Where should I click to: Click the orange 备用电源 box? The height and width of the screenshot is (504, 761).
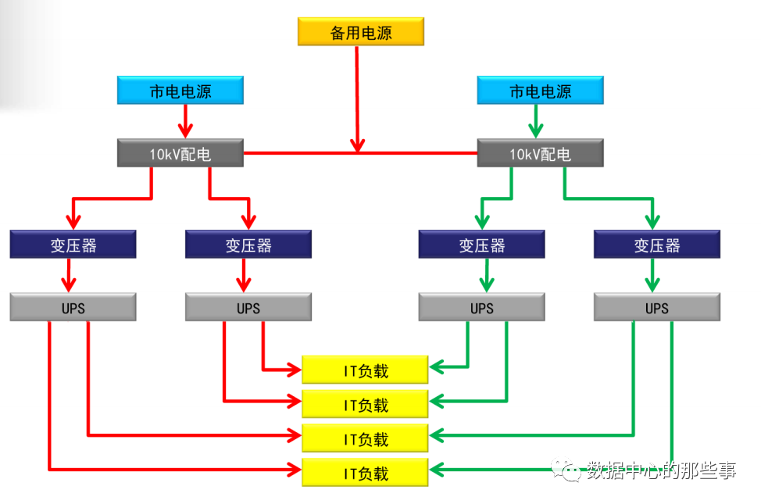pyautogui.click(x=360, y=33)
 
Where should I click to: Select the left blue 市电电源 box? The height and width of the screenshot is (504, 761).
pyautogui.click(x=180, y=91)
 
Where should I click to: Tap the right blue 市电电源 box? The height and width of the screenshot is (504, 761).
pyautogui.click(x=541, y=91)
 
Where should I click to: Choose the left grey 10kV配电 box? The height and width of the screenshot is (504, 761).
pyautogui.click(x=180, y=154)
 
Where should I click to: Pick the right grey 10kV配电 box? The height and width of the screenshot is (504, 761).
pyautogui.click(x=541, y=154)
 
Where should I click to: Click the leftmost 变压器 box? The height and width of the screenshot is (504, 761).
pyautogui.click(x=73, y=245)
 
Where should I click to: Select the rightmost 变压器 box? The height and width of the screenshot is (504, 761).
pyautogui.click(x=656, y=245)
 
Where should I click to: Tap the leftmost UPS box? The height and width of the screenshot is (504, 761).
pyautogui.click(x=73, y=308)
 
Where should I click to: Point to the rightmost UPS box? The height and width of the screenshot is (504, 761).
pyautogui.click(x=656, y=308)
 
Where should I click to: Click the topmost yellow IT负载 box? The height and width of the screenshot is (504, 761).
pyautogui.click(x=366, y=370)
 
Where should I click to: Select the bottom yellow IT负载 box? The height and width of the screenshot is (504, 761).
pyautogui.click(x=366, y=473)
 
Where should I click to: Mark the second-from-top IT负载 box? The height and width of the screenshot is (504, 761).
pyautogui.click(x=366, y=405)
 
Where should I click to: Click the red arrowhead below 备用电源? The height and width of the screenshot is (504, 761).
pyautogui.click(x=357, y=145)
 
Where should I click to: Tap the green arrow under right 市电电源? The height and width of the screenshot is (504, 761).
pyautogui.click(x=536, y=125)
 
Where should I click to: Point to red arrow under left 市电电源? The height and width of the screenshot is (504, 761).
pyautogui.click(x=185, y=125)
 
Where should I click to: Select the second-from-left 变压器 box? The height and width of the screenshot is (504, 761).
pyautogui.click(x=248, y=245)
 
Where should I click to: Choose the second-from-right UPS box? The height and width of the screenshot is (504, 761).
pyautogui.click(x=481, y=308)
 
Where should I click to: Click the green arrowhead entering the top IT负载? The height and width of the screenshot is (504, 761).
pyautogui.click(x=436, y=366)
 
